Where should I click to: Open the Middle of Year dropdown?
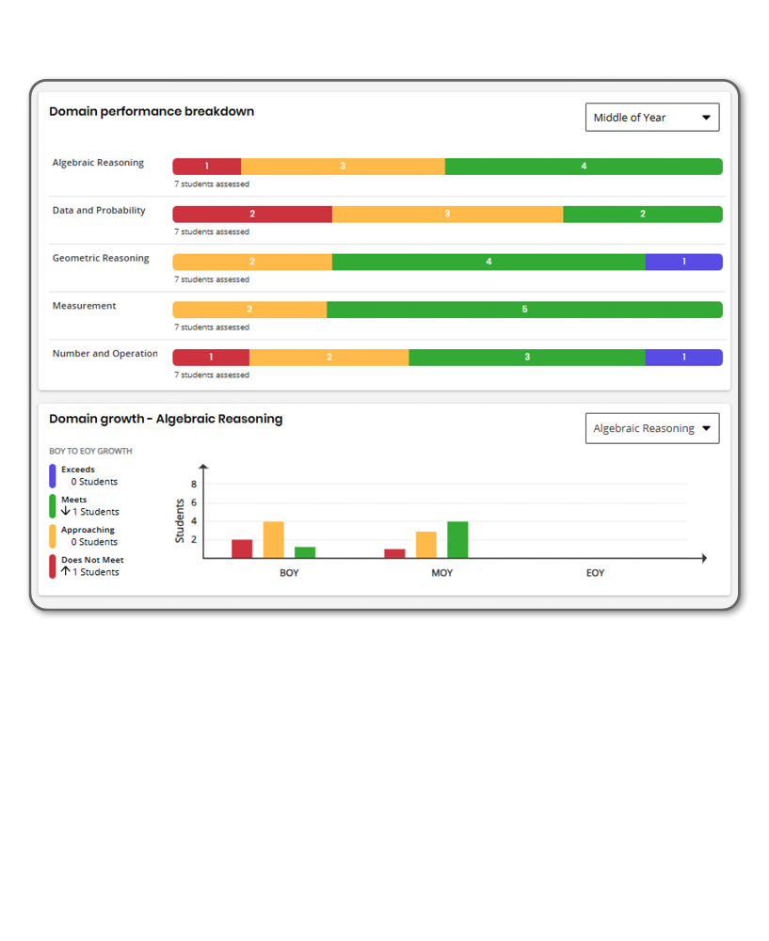click(651, 118)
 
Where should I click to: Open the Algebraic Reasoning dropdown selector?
click(651, 428)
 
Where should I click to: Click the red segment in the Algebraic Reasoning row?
click(207, 167)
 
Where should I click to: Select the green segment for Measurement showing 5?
click(524, 310)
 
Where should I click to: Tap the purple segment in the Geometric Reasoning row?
click(683, 262)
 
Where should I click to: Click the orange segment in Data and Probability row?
click(447, 214)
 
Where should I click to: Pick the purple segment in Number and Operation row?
click(683, 358)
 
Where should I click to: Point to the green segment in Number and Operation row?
click(526, 358)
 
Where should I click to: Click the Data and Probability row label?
click(99, 211)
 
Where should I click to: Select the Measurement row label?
click(85, 306)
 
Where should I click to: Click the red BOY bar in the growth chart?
click(242, 549)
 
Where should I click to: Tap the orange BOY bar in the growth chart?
click(273, 540)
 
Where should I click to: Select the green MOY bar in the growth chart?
click(457, 540)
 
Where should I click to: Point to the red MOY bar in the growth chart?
click(395, 553)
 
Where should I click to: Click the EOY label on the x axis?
click(595, 573)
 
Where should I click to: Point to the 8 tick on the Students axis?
click(194, 485)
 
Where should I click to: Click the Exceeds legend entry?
click(78, 470)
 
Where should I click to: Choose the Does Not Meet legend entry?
click(92, 560)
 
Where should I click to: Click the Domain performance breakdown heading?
click(152, 112)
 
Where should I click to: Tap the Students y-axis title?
click(180, 520)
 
